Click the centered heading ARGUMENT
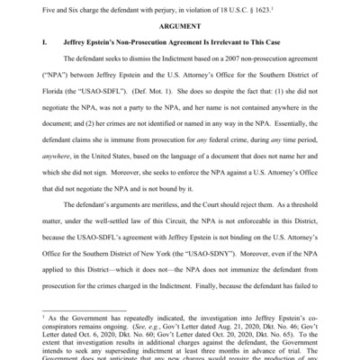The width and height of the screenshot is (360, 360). (x=179, y=26)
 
